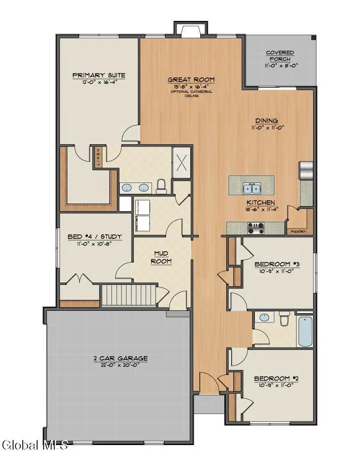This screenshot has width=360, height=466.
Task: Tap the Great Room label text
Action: point(191,80)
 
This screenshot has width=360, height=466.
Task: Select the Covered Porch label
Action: point(280,56)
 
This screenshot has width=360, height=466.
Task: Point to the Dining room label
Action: point(266,121)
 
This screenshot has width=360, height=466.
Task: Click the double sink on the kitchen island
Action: point(251,188)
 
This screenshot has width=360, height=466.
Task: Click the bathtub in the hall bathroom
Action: point(304,331)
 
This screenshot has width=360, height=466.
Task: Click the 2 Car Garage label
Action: point(117,358)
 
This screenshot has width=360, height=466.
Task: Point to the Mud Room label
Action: point(162,257)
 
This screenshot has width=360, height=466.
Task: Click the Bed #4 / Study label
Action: point(95,236)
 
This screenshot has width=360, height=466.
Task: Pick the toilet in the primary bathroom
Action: point(161,186)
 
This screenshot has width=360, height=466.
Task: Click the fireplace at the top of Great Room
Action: point(190,31)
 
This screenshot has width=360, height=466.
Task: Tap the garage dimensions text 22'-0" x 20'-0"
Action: point(117,365)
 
